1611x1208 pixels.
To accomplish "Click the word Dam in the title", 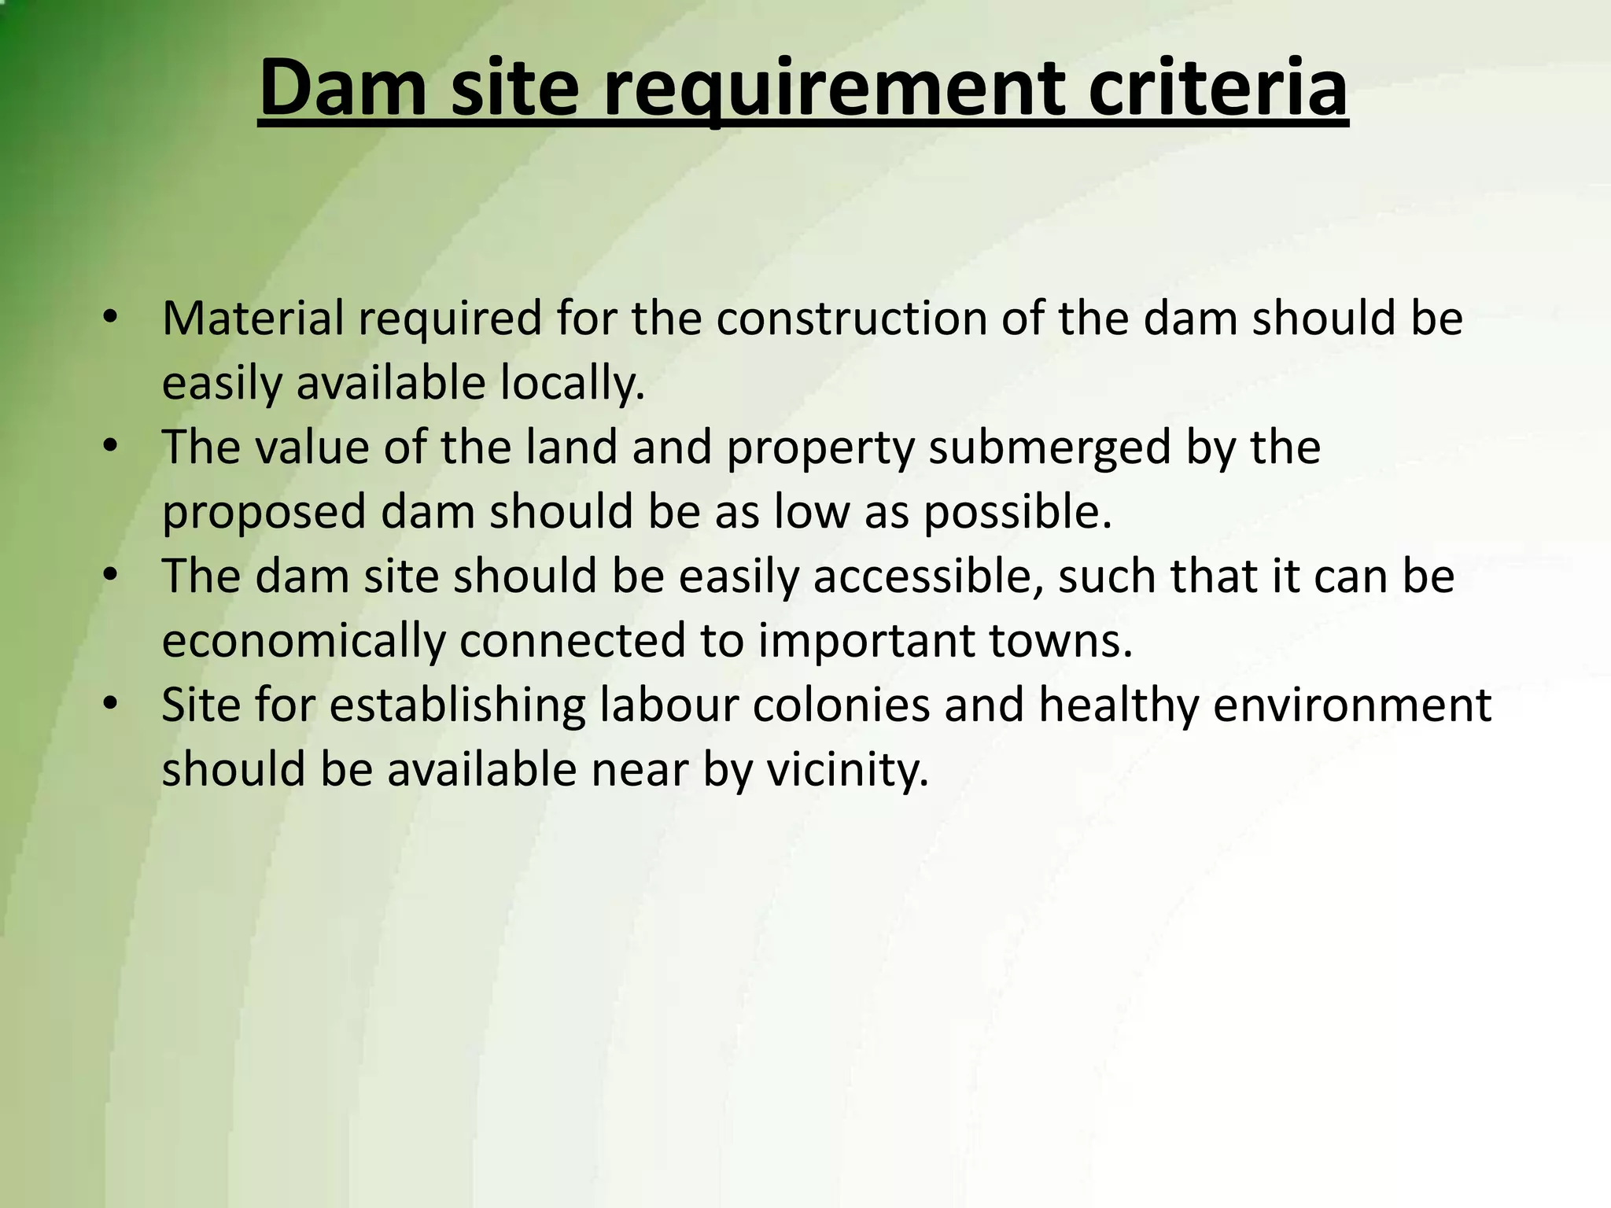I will pos(343,88).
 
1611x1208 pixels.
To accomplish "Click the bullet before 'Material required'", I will pos(110,318).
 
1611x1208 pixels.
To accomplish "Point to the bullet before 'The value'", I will pos(110,447).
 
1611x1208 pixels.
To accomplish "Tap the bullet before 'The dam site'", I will pos(110,576).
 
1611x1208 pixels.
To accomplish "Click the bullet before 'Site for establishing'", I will pos(110,704).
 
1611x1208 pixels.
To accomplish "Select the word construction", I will pos(850,319).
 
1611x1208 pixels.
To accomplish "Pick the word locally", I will pos(573,385).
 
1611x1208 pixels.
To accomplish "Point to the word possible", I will pos(1017,513).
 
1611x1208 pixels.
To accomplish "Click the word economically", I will pos(304,642).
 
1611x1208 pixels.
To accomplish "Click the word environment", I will pos(1351,705).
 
